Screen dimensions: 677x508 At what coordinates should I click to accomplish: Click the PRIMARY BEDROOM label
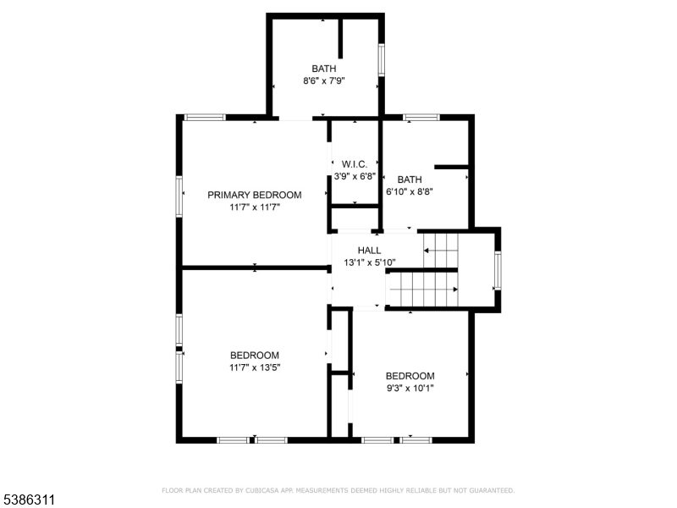(255, 195)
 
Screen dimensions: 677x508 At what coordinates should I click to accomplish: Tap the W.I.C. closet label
(355, 164)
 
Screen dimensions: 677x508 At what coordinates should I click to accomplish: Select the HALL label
(369, 250)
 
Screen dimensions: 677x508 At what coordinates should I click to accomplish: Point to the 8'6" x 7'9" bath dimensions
(324, 80)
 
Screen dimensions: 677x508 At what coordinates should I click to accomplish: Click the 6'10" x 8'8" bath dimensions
(410, 191)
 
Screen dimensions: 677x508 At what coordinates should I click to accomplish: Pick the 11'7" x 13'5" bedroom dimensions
(255, 367)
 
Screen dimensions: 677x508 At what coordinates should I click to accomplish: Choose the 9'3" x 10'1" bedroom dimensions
(410, 388)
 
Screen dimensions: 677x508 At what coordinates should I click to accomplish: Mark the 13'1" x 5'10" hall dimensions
(370, 262)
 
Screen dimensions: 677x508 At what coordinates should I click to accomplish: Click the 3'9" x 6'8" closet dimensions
(355, 176)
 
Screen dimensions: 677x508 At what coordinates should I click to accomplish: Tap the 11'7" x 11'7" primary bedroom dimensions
(255, 207)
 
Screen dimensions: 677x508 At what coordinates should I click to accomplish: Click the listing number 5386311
(28, 500)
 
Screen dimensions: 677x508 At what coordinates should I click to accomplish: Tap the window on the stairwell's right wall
(498, 271)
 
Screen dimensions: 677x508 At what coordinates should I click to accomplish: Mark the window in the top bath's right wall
(382, 60)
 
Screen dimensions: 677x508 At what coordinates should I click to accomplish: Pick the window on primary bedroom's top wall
(205, 117)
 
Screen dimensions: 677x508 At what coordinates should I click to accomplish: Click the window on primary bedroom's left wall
(179, 196)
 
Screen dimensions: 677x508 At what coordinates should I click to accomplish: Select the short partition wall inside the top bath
(340, 39)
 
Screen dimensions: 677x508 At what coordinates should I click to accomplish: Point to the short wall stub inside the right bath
(451, 167)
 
